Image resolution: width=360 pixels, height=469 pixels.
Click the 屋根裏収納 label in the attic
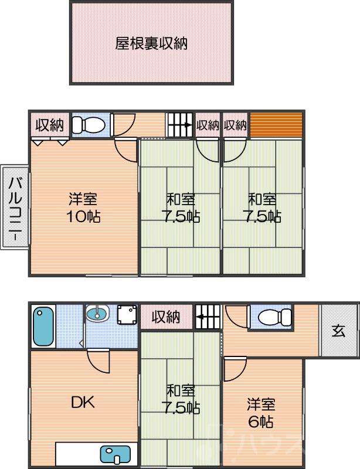pos(151,43)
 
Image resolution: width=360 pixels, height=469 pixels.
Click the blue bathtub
pos(43,327)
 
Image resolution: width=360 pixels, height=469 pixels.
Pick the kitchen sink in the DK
pos(117,454)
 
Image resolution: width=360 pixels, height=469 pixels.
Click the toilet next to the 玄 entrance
pos(273,317)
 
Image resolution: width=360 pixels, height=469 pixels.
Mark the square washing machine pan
pos(126,315)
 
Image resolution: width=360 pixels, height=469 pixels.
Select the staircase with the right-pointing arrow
pos(180,125)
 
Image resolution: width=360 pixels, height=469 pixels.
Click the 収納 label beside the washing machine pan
pos(165,317)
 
